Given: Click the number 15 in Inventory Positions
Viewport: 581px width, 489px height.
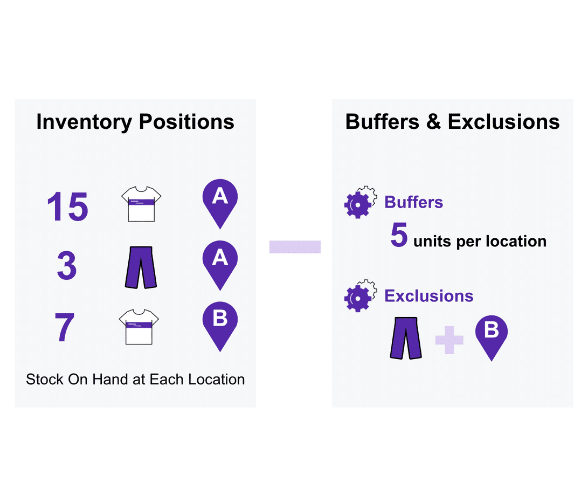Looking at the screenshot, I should [x=67, y=206].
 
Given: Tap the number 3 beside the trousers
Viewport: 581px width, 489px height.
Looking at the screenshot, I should [x=67, y=266].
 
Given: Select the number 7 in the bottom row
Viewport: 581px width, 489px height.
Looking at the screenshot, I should [x=64, y=327].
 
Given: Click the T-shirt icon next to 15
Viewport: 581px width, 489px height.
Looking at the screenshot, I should [x=141, y=204].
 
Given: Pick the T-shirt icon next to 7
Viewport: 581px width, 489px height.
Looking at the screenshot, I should [x=139, y=327].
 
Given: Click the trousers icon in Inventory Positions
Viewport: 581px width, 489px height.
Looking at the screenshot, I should [x=141, y=267].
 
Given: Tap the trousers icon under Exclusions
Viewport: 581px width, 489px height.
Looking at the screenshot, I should [x=406, y=338].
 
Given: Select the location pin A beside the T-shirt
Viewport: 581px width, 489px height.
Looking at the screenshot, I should [x=220, y=203].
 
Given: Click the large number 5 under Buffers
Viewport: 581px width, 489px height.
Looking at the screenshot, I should [x=399, y=236].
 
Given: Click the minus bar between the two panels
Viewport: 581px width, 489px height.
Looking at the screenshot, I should [x=295, y=247].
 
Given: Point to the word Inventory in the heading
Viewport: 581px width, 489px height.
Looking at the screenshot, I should [x=84, y=122].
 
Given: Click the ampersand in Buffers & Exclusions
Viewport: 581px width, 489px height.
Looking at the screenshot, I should [x=433, y=122].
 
